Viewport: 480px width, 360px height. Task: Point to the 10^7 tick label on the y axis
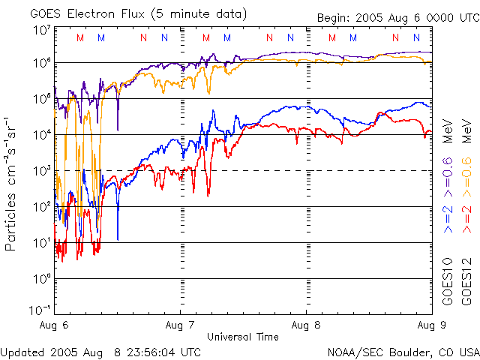click(x=41, y=30)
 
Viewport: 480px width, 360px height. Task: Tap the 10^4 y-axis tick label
click(x=41, y=134)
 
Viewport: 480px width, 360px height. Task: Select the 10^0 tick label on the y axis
click(x=41, y=278)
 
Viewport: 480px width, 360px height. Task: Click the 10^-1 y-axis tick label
click(x=40, y=309)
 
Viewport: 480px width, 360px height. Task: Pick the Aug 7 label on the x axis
click(x=180, y=325)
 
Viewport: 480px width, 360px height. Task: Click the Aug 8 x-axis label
click(x=306, y=325)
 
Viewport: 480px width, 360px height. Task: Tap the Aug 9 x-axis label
click(x=430, y=325)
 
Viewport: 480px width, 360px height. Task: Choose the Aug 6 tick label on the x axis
click(x=53, y=325)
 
